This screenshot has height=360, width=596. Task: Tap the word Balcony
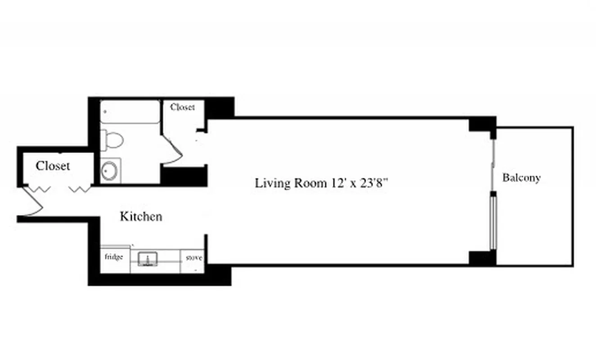pos(521,178)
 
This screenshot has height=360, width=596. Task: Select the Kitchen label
pos(141,216)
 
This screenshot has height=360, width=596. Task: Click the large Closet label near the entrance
pos(53,166)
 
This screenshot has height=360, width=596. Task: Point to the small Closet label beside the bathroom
pos(183,107)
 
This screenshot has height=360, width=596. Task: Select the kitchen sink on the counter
pos(148,258)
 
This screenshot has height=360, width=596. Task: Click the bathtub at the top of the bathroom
pos(130,112)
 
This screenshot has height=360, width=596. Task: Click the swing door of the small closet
pos(173,148)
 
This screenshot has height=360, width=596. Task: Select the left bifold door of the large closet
pos(40,189)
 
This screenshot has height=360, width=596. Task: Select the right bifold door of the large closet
pos(80,189)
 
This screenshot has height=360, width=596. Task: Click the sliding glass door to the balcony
pos(493,220)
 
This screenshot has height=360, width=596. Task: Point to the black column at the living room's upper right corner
pos(482,124)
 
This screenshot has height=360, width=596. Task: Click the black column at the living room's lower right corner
pos(482,258)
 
